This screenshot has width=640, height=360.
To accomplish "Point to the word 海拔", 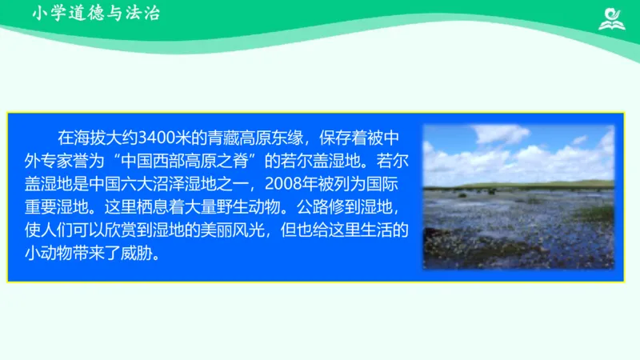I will tap(90, 134).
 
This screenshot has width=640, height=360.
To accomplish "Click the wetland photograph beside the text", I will tap(518, 197).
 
